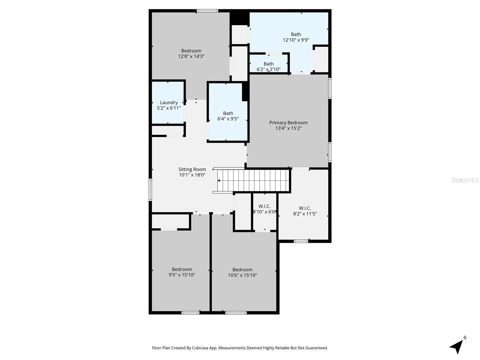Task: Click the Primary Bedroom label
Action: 288,123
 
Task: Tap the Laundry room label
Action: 169,103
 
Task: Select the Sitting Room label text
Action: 192,169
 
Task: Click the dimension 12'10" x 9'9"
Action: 296,40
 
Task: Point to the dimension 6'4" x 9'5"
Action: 228,119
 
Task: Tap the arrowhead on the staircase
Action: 219,181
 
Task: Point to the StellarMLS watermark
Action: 465,180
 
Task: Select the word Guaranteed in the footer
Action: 317,348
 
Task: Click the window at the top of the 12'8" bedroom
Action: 207,11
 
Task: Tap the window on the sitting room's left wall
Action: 150,190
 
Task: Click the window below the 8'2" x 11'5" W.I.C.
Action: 301,241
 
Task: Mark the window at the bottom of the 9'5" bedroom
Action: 190,313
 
